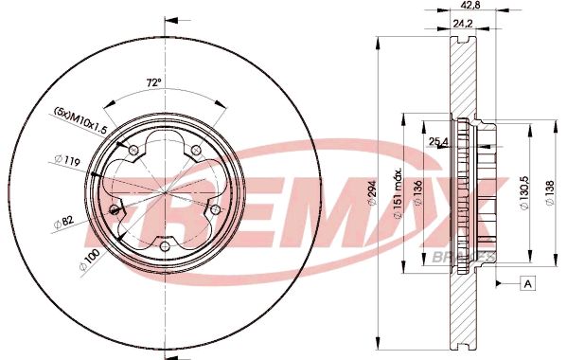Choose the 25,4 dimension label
point(438,143)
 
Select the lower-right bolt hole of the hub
point(216,209)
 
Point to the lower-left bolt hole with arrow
point(115,209)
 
